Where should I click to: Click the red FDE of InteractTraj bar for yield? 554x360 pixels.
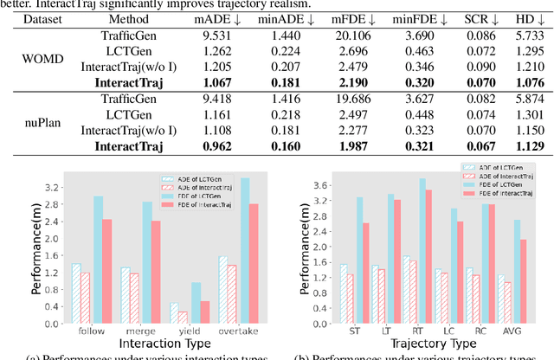[204, 312]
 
